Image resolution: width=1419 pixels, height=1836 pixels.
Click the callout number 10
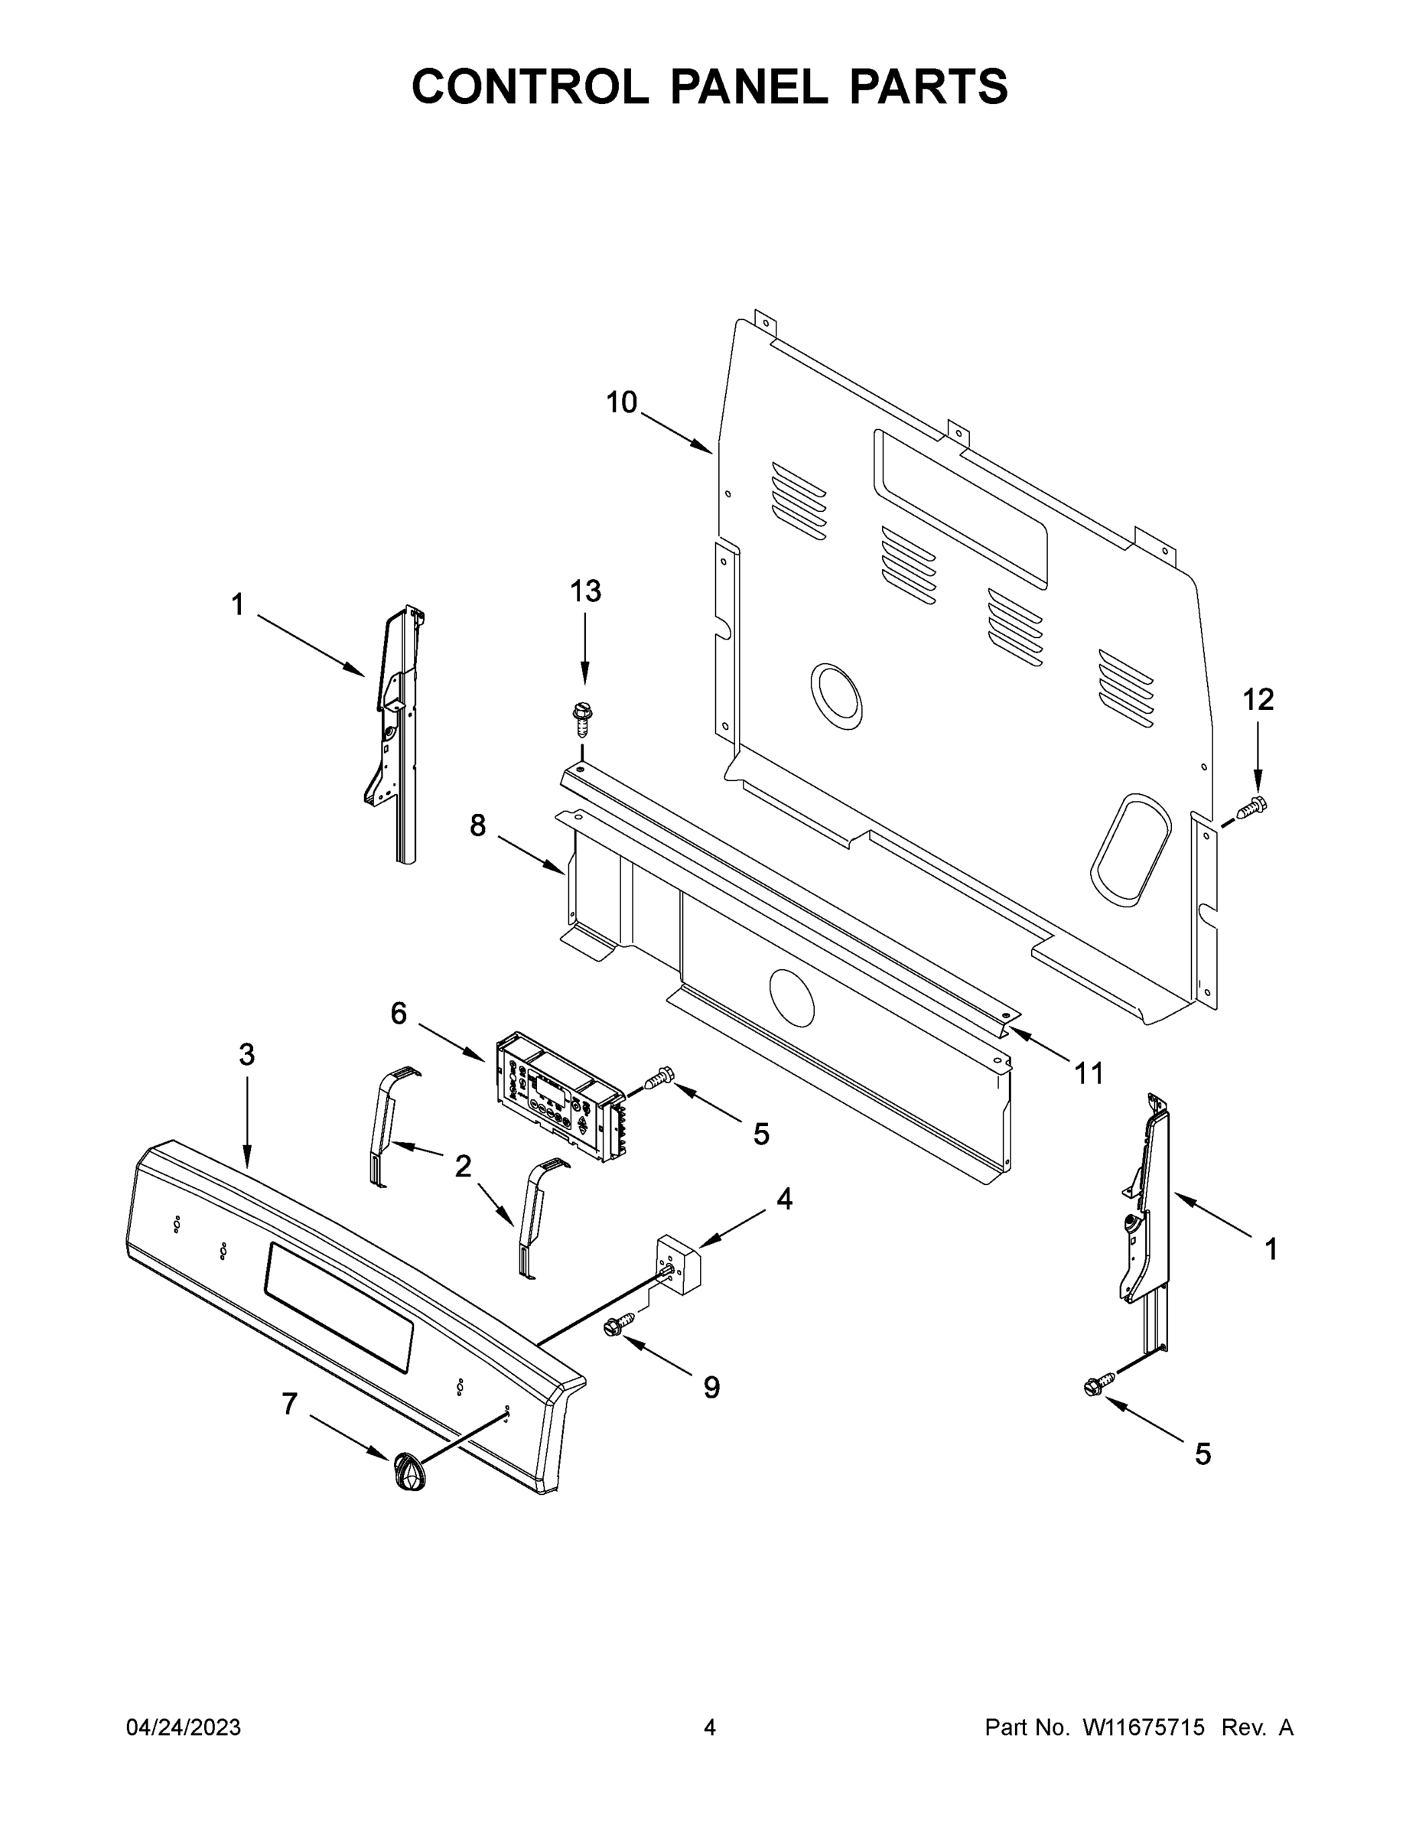click(621, 403)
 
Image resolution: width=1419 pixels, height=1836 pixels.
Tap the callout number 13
click(585, 592)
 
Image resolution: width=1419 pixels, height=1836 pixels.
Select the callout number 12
click(1258, 699)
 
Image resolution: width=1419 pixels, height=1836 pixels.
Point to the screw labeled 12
click(1251, 806)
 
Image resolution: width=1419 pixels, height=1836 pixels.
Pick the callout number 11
click(1089, 1073)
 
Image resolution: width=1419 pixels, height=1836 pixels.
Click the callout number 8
click(477, 826)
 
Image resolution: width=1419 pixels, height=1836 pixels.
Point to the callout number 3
click(246, 1055)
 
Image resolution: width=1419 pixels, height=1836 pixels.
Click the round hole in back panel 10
click(835, 696)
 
